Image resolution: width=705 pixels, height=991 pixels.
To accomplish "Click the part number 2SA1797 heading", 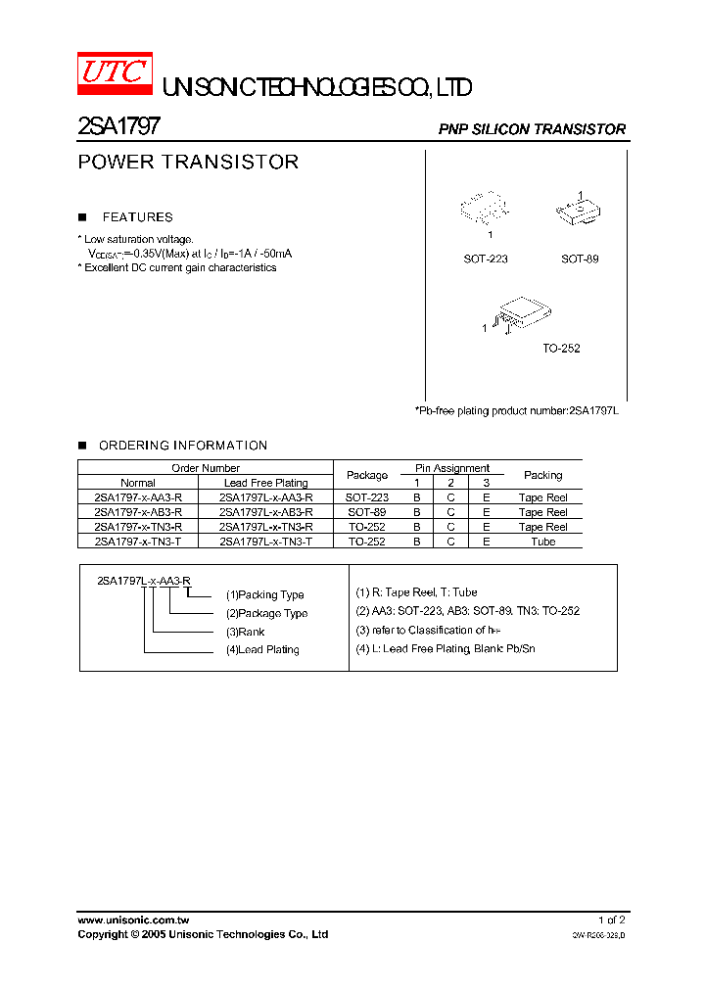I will click(x=118, y=126).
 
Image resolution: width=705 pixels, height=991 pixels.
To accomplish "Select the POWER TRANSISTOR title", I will click(x=188, y=163).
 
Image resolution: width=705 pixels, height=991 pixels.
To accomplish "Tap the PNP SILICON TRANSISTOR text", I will click(x=532, y=129).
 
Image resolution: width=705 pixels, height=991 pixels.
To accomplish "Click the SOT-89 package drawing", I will click(x=579, y=212).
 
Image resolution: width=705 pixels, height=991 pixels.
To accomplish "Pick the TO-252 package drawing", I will click(x=521, y=316).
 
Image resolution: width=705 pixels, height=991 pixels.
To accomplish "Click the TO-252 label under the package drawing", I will click(x=562, y=348).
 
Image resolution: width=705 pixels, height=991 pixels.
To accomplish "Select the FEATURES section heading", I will click(x=137, y=217).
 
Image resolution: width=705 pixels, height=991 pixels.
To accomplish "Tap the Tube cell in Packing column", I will click(x=542, y=542).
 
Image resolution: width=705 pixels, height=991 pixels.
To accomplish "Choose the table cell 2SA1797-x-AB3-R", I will click(x=138, y=512).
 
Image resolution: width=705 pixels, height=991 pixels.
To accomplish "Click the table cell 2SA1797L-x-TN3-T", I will click(x=265, y=542).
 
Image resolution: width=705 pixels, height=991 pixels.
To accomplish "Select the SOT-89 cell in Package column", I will click(x=367, y=512).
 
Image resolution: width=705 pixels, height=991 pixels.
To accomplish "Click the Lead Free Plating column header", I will click(x=265, y=483).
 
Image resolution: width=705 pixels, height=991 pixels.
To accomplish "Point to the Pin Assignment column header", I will click(x=451, y=468).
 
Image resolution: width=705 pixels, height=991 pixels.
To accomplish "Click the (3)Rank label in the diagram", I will click(x=245, y=632).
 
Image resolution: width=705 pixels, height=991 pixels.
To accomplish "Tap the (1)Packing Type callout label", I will click(x=264, y=594).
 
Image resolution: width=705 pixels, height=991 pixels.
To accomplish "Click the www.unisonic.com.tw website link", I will click(x=133, y=920).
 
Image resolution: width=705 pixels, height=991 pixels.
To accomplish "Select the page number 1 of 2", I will click(x=611, y=920).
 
